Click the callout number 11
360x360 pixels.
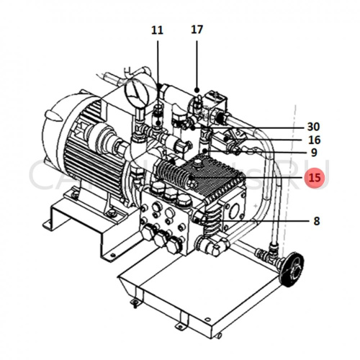coord(158,30)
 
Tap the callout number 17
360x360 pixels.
coord(197,30)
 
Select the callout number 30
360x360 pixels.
coord(313,127)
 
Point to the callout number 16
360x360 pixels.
coord(314,140)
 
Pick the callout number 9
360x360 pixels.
coord(314,153)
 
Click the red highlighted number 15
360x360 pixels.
coord(314,178)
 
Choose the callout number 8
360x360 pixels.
coord(315,222)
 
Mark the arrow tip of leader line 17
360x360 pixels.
coord(197,91)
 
